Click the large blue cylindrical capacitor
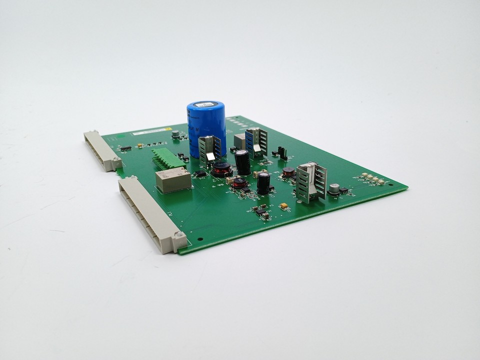click(206, 127)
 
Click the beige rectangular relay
click(173, 180)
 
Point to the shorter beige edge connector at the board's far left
click(102, 150)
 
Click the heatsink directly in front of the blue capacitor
click(209, 150)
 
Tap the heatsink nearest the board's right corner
click(310, 181)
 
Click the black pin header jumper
click(283, 152)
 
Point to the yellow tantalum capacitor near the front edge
click(284, 205)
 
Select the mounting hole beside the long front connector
click(199, 239)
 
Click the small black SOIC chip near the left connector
click(125, 148)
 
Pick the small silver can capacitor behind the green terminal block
click(175, 134)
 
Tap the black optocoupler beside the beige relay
click(200, 173)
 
